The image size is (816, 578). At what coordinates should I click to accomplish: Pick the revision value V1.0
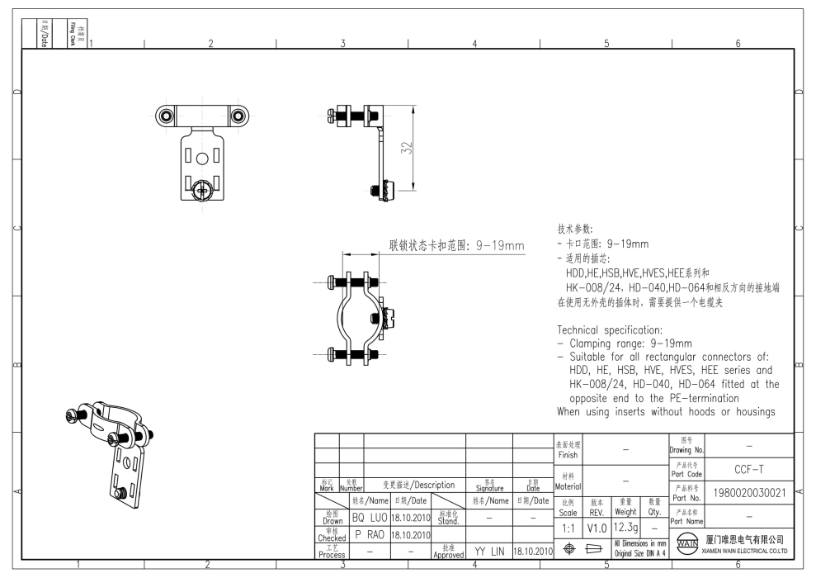pos(597,526)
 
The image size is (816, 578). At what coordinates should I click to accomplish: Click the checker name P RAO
pos(370,533)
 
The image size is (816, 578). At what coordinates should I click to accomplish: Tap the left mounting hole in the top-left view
pos(167,115)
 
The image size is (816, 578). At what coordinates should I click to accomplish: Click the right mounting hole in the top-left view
pos(237,115)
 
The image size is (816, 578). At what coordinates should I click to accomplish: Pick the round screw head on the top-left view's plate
pos(201,192)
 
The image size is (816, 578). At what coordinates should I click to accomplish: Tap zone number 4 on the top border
pos(474,45)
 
